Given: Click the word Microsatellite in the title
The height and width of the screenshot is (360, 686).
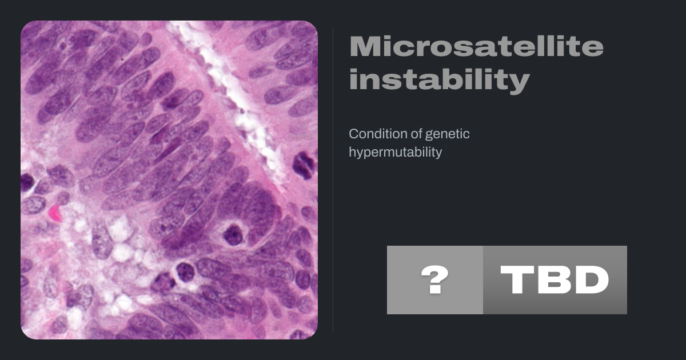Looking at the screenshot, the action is [x=477, y=46].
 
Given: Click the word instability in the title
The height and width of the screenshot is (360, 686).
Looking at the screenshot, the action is [x=440, y=79].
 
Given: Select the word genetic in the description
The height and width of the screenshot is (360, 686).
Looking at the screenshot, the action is [x=447, y=134].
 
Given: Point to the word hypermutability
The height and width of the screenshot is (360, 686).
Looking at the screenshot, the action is [x=396, y=152].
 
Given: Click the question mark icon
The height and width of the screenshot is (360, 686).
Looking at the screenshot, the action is [x=435, y=280].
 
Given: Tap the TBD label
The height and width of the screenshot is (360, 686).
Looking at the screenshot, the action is [x=555, y=280].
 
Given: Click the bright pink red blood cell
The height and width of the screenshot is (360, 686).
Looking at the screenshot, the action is [x=55, y=213].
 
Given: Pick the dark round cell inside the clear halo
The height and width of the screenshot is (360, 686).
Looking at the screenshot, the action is [x=233, y=234].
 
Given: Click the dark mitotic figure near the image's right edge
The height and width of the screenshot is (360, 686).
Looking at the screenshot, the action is [x=304, y=165].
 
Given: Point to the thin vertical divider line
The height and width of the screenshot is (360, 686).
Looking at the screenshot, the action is [x=333, y=180].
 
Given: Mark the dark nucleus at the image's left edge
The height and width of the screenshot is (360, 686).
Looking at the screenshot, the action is [x=26, y=182].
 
